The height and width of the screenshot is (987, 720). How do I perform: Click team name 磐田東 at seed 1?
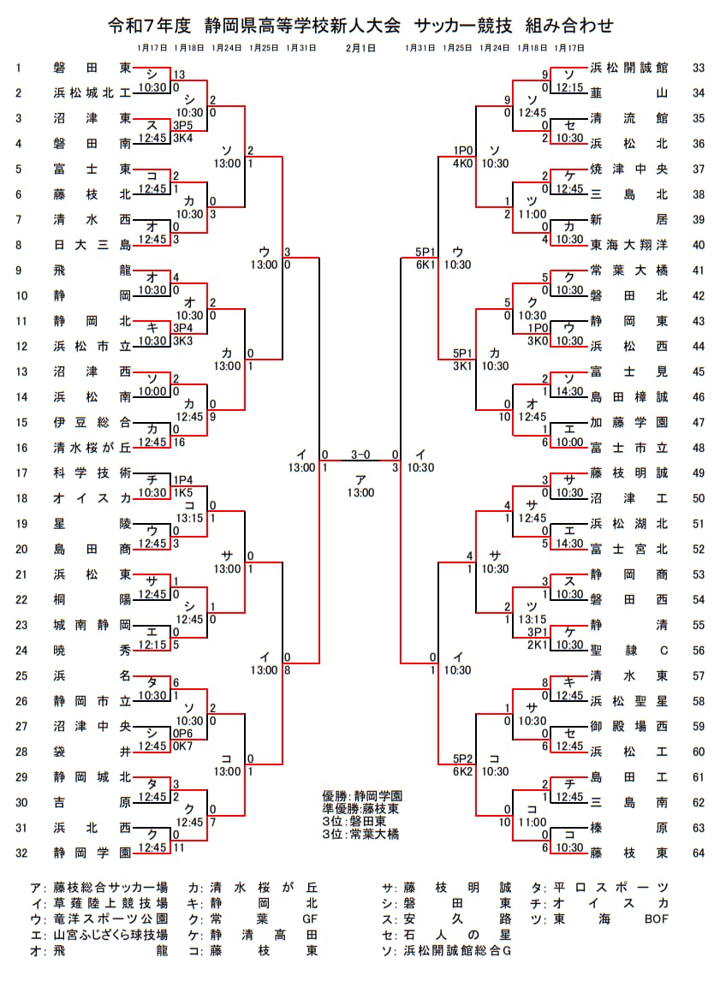(91, 68)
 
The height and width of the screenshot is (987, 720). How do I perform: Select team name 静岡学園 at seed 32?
(91, 853)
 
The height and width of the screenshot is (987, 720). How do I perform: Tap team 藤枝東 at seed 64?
(628, 853)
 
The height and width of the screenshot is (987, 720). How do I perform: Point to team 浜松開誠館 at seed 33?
(628, 68)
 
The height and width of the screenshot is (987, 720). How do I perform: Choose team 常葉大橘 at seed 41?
(628, 271)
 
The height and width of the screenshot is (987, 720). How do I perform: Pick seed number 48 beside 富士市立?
(698, 448)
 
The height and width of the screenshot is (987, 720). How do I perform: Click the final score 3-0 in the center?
(360, 455)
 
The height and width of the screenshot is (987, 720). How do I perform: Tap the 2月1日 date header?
(360, 48)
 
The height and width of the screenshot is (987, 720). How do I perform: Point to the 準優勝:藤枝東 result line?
(360, 808)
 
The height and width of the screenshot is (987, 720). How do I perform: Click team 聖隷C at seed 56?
(628, 650)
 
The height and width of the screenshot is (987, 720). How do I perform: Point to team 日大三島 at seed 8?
(91, 245)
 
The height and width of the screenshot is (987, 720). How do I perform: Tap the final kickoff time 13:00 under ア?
(360, 492)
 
